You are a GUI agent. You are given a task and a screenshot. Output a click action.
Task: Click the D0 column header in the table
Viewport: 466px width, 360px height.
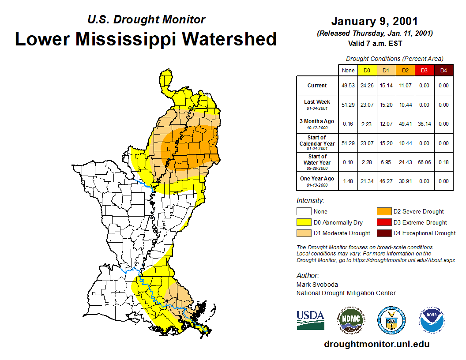pyautogui.click(x=367, y=70)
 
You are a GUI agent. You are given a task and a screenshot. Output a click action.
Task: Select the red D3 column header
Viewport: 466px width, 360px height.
pyautogui.click(x=424, y=70)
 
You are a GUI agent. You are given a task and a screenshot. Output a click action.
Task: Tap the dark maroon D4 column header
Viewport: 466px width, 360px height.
pyautogui.click(x=443, y=70)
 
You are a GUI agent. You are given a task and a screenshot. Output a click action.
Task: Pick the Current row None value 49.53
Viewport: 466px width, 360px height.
pyautogui.click(x=348, y=86)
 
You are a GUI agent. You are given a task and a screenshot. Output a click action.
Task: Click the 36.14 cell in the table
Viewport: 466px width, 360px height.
pyautogui.click(x=424, y=124)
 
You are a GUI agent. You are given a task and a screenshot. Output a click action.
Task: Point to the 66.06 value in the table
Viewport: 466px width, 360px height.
pyautogui.click(x=424, y=162)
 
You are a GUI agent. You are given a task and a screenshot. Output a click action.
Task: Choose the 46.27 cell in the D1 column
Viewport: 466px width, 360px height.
pyautogui.click(x=386, y=181)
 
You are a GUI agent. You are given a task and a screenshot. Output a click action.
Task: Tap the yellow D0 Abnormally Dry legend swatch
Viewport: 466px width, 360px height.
pyautogui.click(x=303, y=222)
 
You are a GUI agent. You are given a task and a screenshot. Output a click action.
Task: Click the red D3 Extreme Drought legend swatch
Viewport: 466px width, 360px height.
pyautogui.click(x=383, y=222)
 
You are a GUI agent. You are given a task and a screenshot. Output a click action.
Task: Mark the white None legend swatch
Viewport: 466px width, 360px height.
pyautogui.click(x=303, y=212)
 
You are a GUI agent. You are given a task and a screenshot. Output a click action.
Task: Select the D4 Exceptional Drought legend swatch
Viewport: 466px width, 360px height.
pyautogui.click(x=383, y=233)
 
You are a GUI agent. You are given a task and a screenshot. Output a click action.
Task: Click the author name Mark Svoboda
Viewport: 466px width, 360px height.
pyautogui.click(x=317, y=285)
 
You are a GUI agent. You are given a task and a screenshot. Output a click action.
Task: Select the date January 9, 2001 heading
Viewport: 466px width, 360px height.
pyautogui.click(x=374, y=21)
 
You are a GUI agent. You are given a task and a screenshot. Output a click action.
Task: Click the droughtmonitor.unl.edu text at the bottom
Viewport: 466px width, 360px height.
pyautogui.click(x=376, y=344)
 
